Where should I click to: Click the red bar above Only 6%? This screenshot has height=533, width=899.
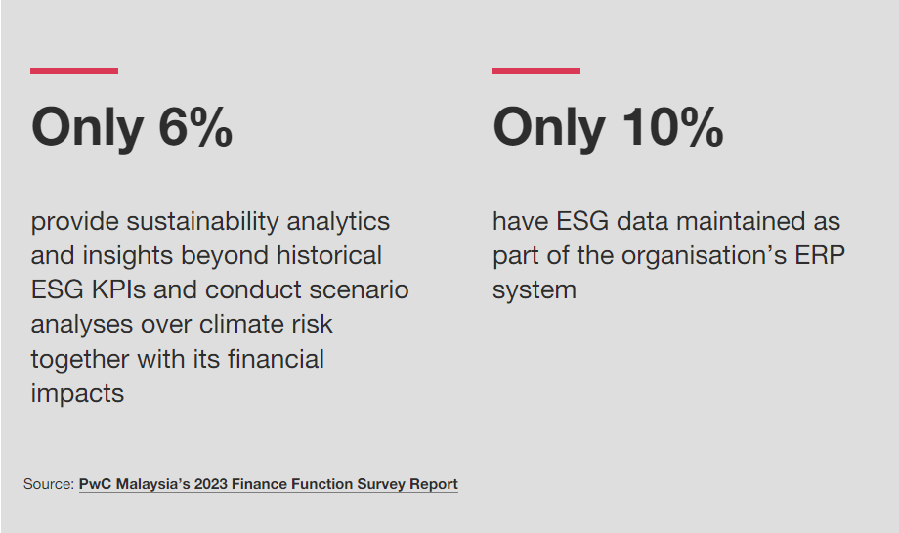coord(74,71)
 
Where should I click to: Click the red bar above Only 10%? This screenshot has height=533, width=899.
coord(535,71)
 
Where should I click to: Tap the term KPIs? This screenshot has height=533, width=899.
coord(116,290)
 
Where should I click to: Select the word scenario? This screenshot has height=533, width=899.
coord(359,290)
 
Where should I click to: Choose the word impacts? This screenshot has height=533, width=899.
coord(77,394)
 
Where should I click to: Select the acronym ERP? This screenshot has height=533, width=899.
coord(819,256)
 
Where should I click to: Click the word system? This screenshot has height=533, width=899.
coord(534,290)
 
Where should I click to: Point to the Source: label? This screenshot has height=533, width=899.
coord(49,484)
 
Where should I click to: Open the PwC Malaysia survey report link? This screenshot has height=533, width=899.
coord(268,484)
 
